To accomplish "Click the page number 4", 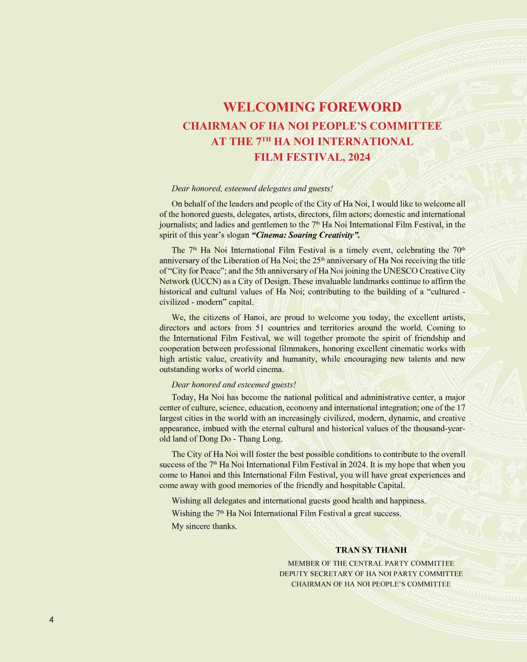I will click(x=51, y=620).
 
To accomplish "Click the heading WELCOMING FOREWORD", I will click(x=312, y=107).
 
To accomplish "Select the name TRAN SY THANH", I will click(x=371, y=550).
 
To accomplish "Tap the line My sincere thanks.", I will click(x=204, y=526).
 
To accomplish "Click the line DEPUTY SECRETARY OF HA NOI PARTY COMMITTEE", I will click(x=371, y=574).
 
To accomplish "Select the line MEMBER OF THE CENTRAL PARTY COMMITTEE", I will click(x=371, y=563).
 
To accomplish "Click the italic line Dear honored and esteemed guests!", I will click(x=234, y=385).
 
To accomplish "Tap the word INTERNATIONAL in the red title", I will click(x=365, y=141).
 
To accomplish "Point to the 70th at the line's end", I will click(x=458, y=250).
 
